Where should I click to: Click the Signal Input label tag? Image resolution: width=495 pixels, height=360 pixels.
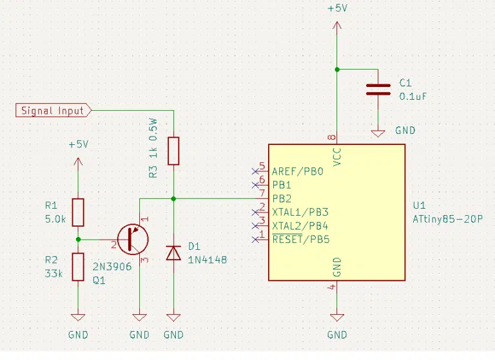53,110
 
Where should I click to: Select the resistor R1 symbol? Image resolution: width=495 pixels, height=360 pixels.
78,213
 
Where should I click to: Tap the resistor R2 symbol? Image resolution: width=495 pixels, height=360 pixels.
78,267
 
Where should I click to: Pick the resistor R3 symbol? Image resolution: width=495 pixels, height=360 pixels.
173,151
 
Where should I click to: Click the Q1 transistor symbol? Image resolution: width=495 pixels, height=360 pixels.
133,239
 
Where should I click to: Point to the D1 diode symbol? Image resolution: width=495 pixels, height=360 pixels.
173,253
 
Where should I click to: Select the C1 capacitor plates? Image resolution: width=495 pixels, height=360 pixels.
378,90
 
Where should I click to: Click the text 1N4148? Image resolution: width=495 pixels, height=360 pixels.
208,260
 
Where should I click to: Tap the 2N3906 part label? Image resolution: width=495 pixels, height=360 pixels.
112,267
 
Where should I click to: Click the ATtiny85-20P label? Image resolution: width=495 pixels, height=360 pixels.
448,219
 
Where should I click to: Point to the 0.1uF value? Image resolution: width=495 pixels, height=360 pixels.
413,96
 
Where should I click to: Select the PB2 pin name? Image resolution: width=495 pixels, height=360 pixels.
282,199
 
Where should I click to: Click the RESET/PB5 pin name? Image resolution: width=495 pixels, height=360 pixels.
301,240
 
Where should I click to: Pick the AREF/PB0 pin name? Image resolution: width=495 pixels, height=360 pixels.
298,171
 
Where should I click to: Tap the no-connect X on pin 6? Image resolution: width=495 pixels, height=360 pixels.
255,185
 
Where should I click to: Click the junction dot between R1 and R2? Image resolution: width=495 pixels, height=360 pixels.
78,240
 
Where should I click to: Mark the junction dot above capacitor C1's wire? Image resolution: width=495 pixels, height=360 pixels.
337,70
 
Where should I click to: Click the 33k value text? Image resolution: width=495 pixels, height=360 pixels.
53,274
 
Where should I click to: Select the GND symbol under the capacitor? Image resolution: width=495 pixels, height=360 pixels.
378,133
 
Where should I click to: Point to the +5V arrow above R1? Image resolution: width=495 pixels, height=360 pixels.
78,162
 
